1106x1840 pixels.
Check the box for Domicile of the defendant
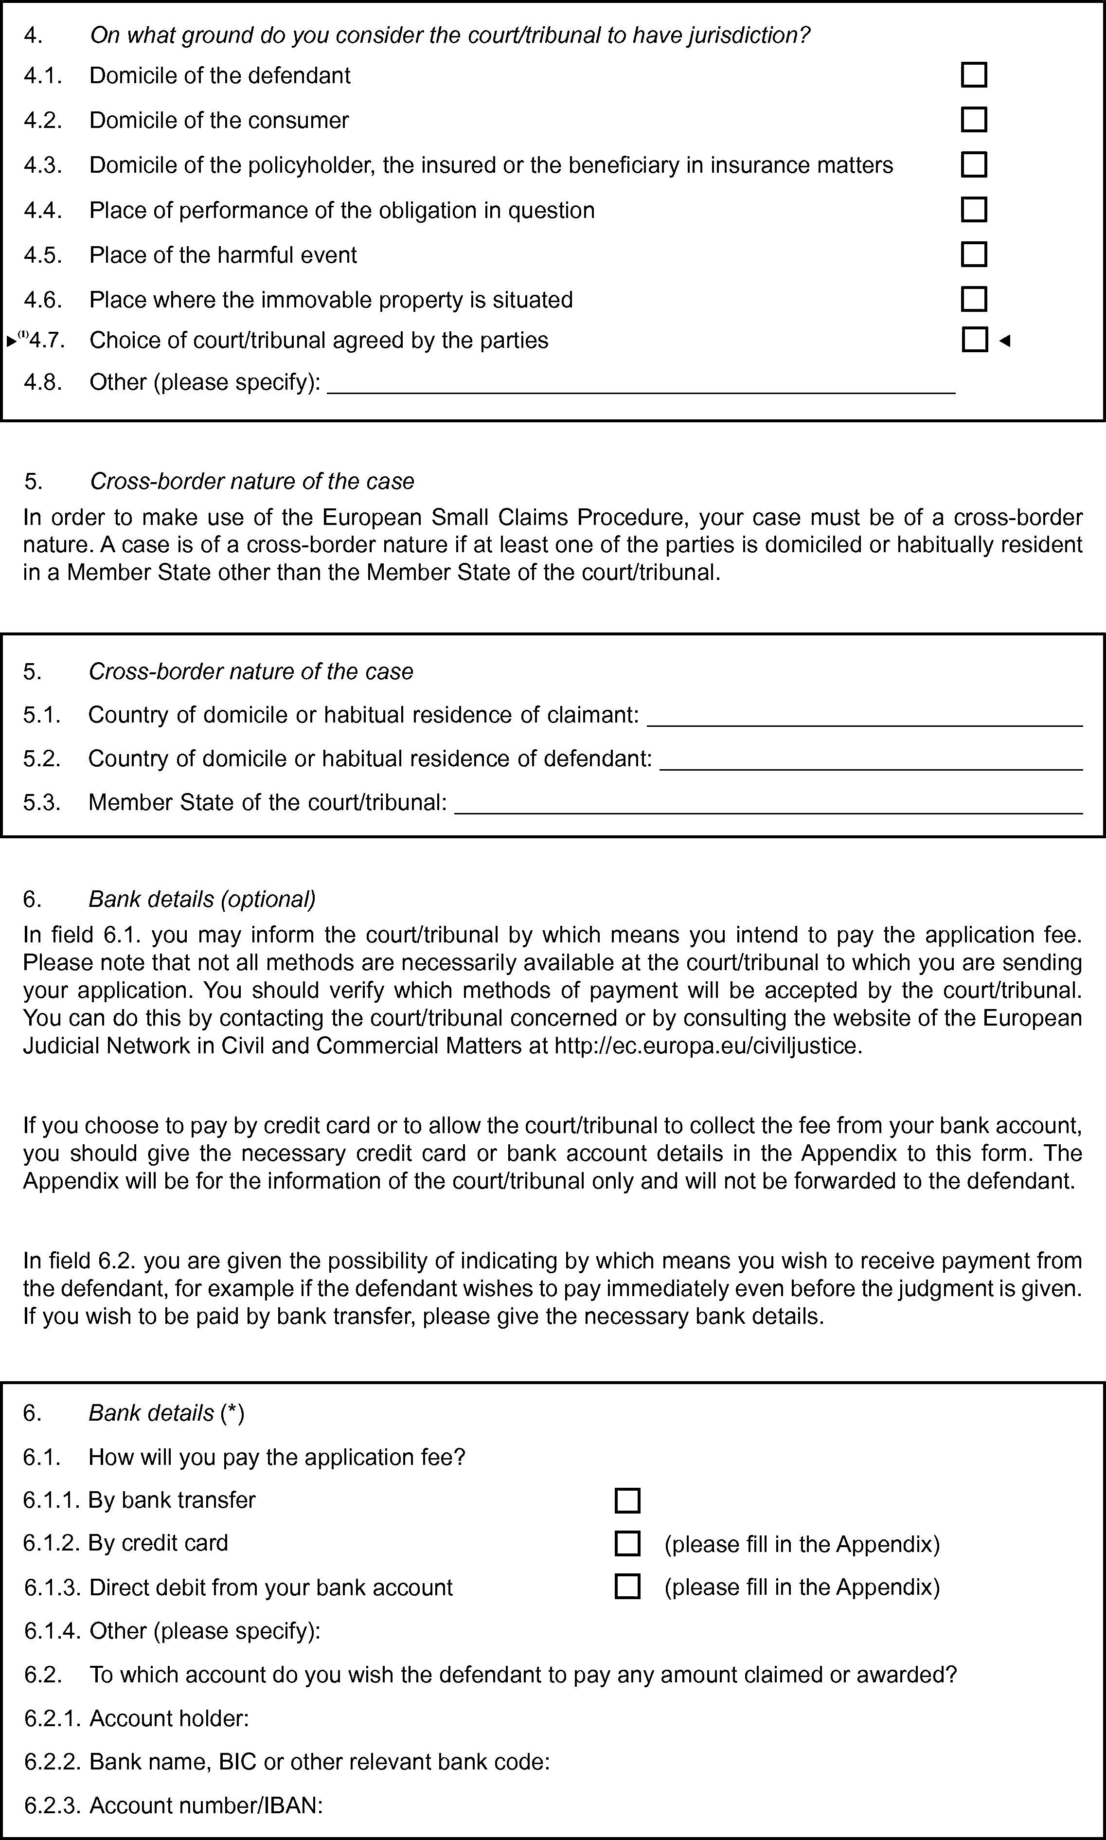pyautogui.click(x=973, y=75)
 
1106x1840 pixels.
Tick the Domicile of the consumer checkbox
pyautogui.click(x=973, y=120)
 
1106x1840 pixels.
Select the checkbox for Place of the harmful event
pyautogui.click(x=973, y=254)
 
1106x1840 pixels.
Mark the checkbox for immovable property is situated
pyautogui.click(x=973, y=299)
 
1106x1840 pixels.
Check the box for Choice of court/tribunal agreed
pyautogui.click(x=974, y=340)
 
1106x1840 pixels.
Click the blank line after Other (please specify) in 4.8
pyautogui.click(x=641, y=385)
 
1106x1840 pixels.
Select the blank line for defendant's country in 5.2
pyautogui.click(x=871, y=761)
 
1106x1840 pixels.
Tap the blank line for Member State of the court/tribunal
pyautogui.click(x=767, y=805)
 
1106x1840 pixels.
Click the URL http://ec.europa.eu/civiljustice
pyautogui.click(x=708, y=1046)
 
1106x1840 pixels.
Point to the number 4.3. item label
pyautogui.click(x=42, y=165)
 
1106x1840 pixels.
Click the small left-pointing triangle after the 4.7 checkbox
pyautogui.click(x=1005, y=341)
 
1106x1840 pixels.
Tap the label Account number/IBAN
pyautogui.click(x=206, y=1806)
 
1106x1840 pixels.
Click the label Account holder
pyautogui.click(x=168, y=1718)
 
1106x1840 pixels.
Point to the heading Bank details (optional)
pyautogui.click(x=202, y=899)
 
